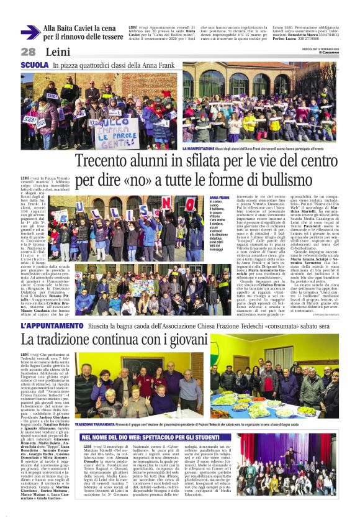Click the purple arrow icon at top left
pos(30,32)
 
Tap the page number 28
pos(28,52)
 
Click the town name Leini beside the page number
pos(56,52)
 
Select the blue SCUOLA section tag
pos(35,65)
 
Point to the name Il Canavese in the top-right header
pos(328,53)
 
